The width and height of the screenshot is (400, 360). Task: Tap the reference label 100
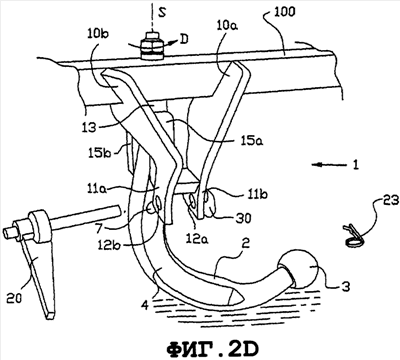pos(284,12)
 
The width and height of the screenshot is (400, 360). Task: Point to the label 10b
pos(99,34)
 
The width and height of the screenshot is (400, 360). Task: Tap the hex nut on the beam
pos(152,47)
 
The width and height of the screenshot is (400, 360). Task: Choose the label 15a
pos(253,142)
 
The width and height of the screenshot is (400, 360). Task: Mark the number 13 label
pos(88,127)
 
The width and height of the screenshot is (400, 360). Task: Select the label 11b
pos(257,194)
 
